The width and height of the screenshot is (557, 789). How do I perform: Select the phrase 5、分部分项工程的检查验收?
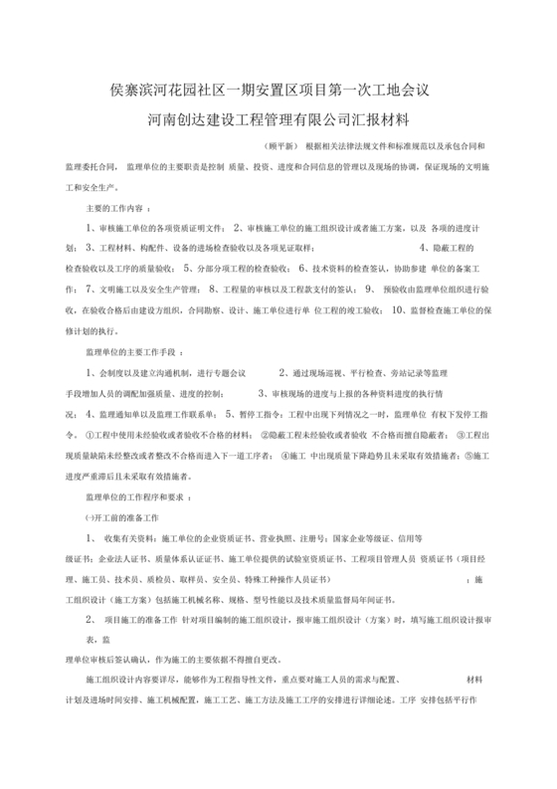[x=240, y=269]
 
